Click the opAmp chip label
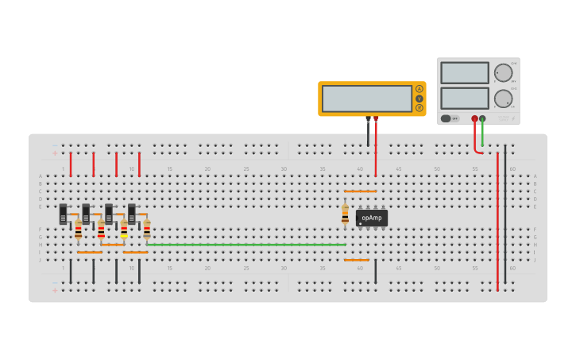371,217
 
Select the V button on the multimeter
419,99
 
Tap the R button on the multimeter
419,107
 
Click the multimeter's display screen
366,99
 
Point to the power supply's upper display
465,73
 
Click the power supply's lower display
465,99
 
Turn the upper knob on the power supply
503,72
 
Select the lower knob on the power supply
503,99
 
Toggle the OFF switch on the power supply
450,118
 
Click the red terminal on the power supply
474,118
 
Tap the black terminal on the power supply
482,118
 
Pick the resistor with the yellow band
124,230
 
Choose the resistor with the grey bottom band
147,230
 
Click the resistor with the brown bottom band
78,230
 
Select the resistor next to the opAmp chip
345,214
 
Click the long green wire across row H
246,245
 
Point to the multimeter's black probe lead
368,132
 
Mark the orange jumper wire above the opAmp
360,192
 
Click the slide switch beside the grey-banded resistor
132,214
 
